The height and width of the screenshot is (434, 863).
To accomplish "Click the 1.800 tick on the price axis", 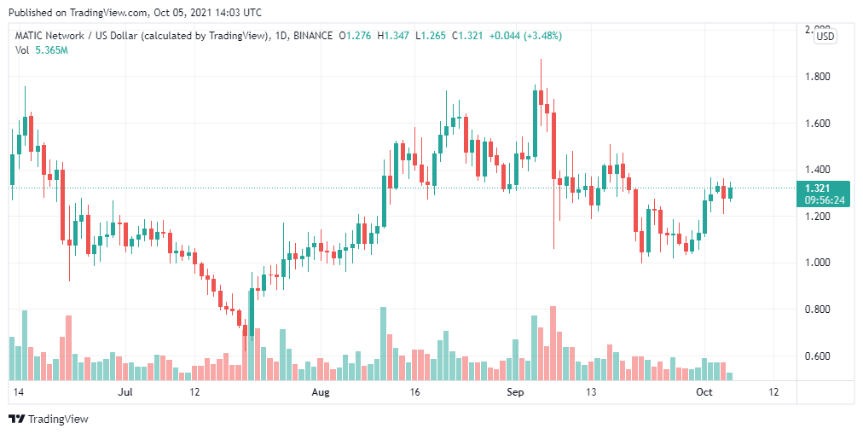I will pos(819,77).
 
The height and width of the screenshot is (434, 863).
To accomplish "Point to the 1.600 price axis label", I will pos(819,124).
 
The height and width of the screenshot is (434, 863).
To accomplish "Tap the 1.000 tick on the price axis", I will pos(819,263).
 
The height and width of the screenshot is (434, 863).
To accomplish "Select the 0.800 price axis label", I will pos(819,310).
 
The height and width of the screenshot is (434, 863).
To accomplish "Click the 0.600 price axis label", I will pos(819,356).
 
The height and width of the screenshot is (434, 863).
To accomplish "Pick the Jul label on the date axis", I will pos(125,392).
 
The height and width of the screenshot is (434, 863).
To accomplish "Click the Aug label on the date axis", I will pos(321,392).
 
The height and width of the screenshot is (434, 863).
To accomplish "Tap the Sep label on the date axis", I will pos(515,392).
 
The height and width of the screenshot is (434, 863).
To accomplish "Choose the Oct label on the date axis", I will pos(704,392).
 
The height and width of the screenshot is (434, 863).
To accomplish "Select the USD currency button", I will pos(825,36).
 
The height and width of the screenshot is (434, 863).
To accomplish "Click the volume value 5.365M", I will pos(51,50).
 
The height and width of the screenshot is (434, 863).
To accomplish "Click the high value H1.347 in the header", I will pos(397,36).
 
